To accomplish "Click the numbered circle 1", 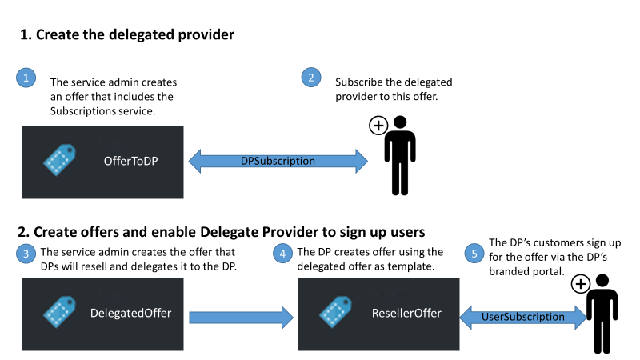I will (26, 78).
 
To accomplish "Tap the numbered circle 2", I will (311, 78).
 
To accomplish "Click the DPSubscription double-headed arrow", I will (278, 161).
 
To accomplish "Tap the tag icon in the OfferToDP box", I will (59, 161).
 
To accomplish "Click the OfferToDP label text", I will (131, 162).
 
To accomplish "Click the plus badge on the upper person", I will (378, 126).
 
